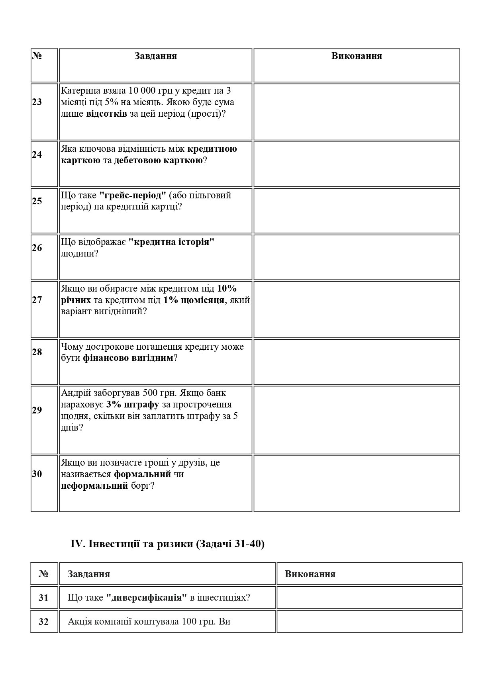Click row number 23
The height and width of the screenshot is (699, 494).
37,102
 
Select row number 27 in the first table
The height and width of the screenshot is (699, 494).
37,300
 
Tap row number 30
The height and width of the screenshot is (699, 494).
37,474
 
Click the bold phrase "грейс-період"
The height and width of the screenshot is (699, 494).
132,195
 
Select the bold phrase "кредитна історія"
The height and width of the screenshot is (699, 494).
171,242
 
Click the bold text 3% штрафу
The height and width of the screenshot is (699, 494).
133,405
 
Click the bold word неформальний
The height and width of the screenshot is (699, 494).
94,486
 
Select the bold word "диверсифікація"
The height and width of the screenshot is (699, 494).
147,598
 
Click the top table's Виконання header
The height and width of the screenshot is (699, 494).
357,56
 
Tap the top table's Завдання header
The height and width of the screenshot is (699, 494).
155,56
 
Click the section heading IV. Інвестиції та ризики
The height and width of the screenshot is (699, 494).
167,544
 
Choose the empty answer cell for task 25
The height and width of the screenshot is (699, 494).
357,211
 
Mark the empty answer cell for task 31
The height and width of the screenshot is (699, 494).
369,597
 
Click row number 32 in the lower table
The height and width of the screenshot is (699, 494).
43,621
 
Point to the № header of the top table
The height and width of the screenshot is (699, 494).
37,56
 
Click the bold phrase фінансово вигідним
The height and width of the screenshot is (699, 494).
128,358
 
